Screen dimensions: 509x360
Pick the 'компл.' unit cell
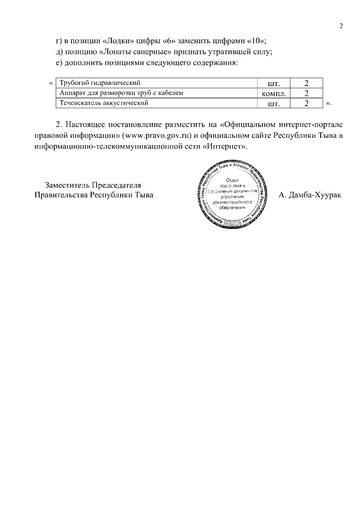click(x=274, y=93)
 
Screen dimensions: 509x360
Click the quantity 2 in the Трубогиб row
click(x=307, y=83)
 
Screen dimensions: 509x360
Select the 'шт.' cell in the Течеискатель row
click(x=274, y=103)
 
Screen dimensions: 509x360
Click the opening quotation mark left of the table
click(x=51, y=83)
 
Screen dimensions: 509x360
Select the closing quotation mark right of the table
click(x=328, y=103)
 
